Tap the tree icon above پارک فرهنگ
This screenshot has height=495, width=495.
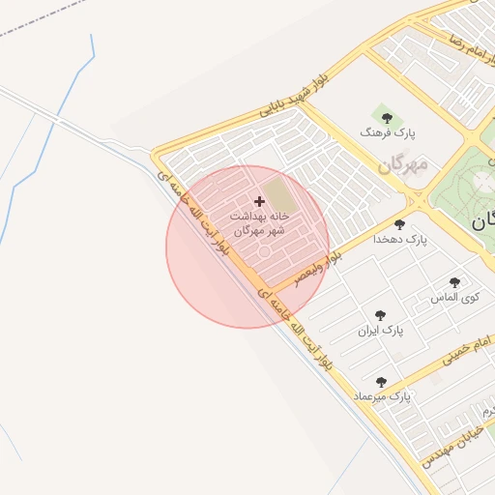click(387, 118)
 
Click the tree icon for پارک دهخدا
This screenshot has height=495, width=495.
click(399, 224)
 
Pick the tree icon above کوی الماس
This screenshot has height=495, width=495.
click(454, 283)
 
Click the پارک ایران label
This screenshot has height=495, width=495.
click(379, 331)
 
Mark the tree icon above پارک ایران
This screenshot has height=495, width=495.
click(380, 316)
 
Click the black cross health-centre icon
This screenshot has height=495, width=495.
click(259, 201)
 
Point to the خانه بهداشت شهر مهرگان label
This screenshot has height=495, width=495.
click(259, 223)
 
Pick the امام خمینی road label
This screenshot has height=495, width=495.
click(467, 350)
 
